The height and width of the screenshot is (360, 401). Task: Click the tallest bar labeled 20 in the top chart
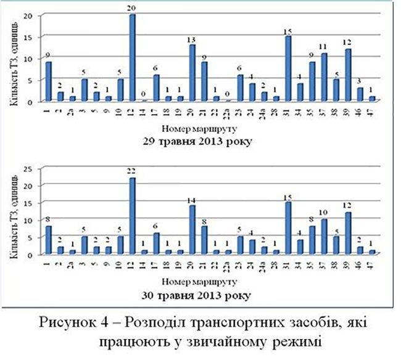pyautogui.click(x=133, y=58)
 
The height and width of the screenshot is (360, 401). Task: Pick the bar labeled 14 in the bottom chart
pyautogui.click(x=192, y=231)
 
